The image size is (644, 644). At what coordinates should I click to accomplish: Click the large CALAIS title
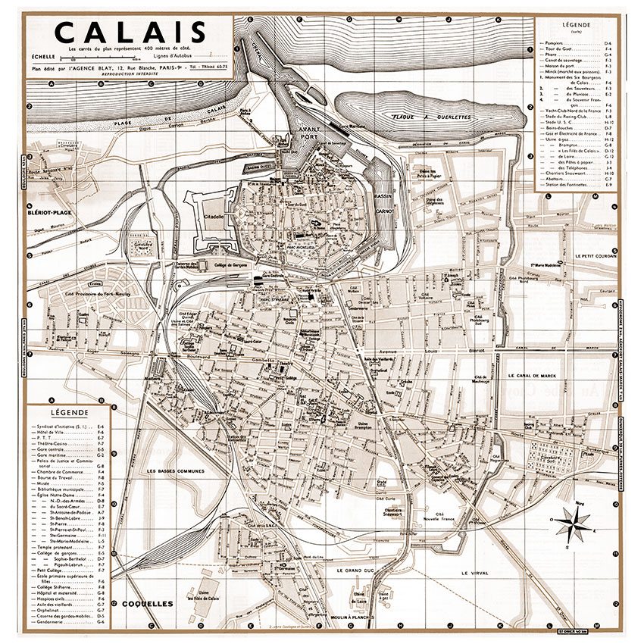click(130, 33)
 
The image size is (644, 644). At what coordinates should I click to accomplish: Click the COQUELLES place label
click(146, 604)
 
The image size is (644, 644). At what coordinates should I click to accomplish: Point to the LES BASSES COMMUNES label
click(177, 472)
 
